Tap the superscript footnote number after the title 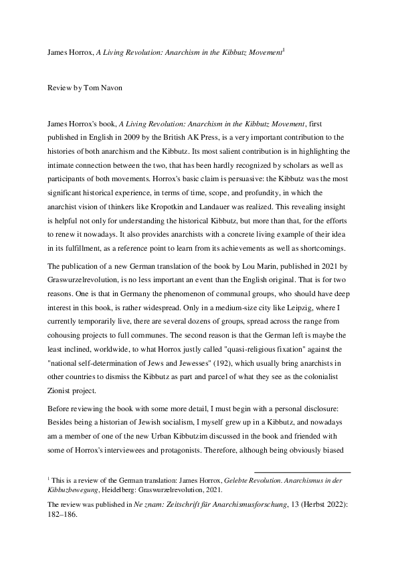pos(284,49)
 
